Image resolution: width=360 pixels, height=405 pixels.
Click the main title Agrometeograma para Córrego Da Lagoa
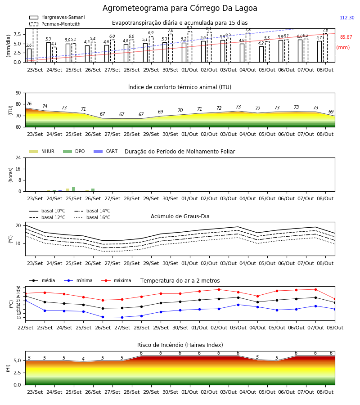[x=180, y=8]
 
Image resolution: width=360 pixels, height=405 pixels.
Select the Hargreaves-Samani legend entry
[x=57, y=17]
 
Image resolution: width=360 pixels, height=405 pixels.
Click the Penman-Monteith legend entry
[x=55, y=24]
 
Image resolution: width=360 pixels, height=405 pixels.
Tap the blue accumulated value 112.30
[x=347, y=18]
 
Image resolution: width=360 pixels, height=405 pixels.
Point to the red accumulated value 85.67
[x=346, y=37]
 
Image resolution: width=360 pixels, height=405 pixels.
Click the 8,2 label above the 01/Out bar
[x=189, y=27]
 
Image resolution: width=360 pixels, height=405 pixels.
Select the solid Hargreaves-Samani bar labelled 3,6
[x=29, y=55]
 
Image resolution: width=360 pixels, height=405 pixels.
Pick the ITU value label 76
[x=29, y=103]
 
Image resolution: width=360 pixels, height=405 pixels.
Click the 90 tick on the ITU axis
[x=18, y=93]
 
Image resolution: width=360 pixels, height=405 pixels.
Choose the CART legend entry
[x=106, y=151]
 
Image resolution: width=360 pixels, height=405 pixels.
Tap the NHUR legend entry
[x=42, y=151]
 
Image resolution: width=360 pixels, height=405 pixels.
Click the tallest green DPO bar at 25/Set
[x=74, y=189]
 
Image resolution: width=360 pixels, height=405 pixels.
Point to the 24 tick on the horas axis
[x=18, y=157]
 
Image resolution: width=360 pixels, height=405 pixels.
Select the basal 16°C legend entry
[x=92, y=217]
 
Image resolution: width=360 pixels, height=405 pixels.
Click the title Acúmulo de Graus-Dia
[x=180, y=216]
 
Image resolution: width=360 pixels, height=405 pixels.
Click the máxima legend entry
[x=116, y=280]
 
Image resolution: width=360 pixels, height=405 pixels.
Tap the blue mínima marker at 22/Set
[x=26, y=301]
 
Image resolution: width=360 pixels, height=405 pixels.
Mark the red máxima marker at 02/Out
[x=219, y=289]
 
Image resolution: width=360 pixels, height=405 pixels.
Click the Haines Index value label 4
[x=83, y=359]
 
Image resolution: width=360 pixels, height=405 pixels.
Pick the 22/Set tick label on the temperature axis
[x=26, y=328]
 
